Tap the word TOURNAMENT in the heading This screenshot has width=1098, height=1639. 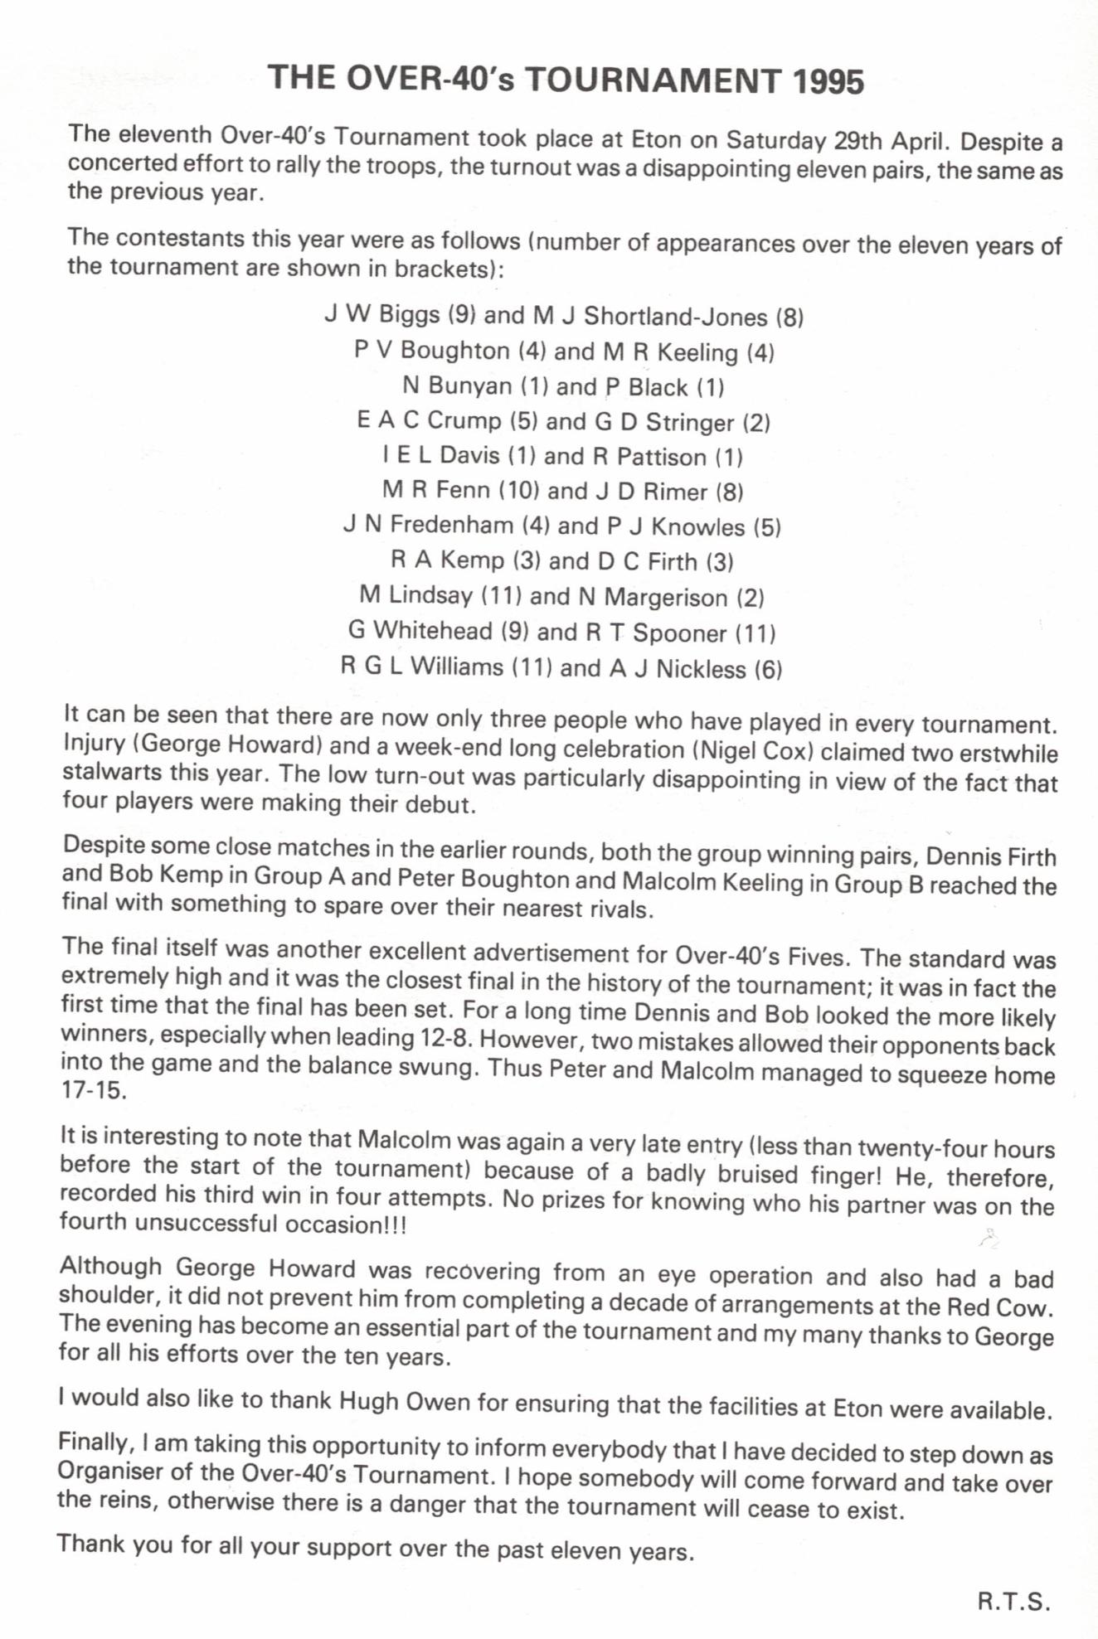click(x=653, y=80)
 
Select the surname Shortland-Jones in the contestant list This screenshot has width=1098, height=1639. click(x=676, y=317)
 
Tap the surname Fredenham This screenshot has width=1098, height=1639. click(x=452, y=525)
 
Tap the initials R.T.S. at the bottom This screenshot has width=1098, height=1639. click(x=1013, y=1602)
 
